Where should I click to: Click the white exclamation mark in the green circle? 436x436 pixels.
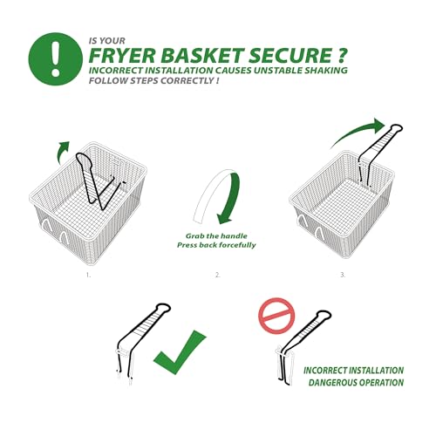[55, 58]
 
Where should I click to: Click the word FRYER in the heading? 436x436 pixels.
[122, 56]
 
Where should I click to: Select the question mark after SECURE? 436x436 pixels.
[341, 56]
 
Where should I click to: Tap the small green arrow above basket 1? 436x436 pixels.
[64, 152]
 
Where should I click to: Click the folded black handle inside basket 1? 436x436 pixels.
[99, 181]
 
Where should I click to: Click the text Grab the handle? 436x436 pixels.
[216, 235]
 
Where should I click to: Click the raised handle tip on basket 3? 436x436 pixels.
[396, 128]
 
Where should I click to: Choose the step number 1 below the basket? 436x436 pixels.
[88, 275]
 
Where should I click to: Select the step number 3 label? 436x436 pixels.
[343, 275]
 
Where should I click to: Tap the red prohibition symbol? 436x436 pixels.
[276, 316]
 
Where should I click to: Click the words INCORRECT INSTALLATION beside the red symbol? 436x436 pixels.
[353, 371]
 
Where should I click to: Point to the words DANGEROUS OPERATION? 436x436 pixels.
[356, 383]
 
